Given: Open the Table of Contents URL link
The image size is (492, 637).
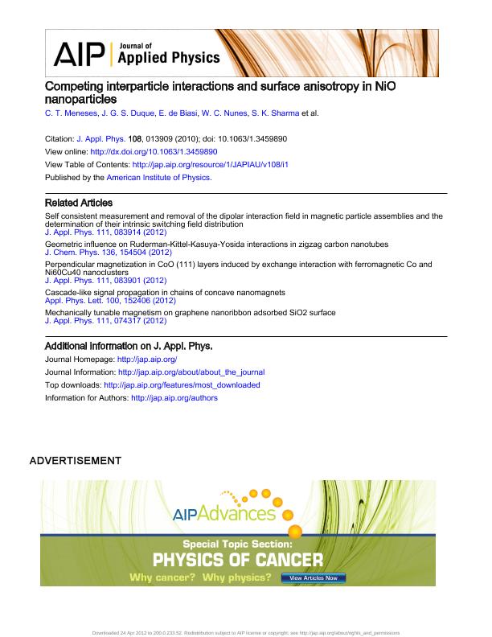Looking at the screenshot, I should (210, 163).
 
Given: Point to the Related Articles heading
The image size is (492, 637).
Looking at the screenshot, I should (78, 203).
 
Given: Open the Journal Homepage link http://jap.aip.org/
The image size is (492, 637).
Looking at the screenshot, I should (147, 360).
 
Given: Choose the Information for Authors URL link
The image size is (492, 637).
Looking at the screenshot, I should (174, 397).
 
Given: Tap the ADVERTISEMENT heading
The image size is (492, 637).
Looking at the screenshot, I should (75, 461).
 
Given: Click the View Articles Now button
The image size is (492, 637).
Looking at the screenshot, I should (314, 577).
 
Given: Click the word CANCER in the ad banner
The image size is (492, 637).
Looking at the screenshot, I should (285, 560).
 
